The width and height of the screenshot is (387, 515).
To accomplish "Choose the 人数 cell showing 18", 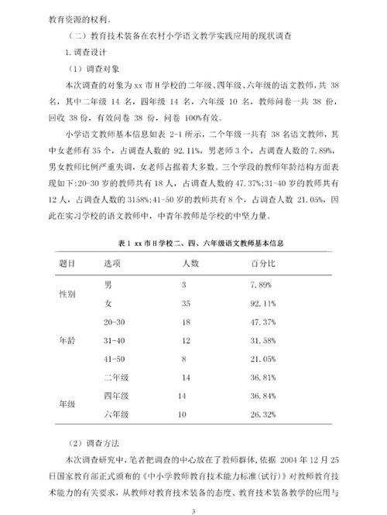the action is tap(186, 321).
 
